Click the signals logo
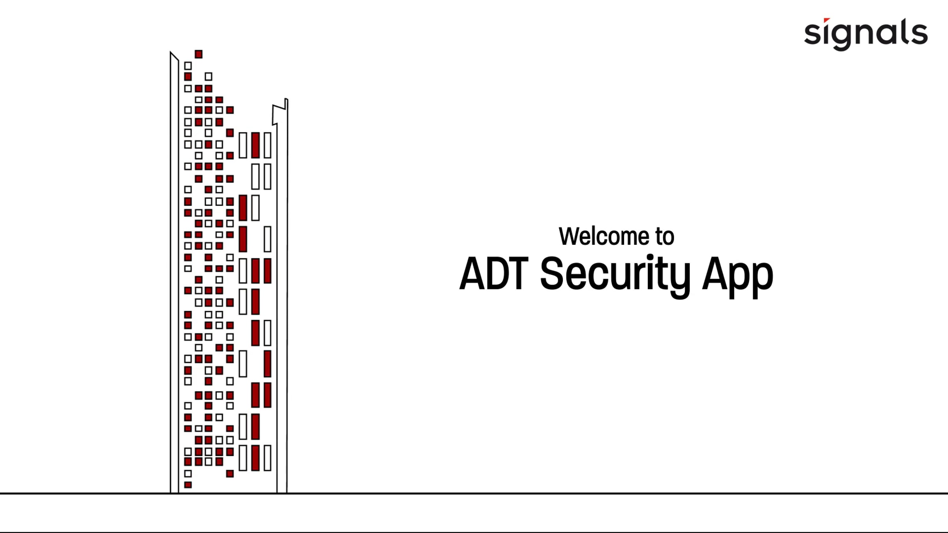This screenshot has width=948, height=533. pos(865,34)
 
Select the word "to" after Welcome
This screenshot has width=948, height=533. pos(665,236)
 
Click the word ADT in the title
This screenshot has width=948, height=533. pos(494,274)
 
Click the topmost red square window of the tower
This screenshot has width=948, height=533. pos(199,54)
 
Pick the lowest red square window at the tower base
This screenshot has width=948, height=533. pos(188,485)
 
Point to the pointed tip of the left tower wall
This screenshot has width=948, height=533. pos(171,53)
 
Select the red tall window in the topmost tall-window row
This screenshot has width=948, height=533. pos(256,145)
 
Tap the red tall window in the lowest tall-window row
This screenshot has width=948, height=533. pos(256,458)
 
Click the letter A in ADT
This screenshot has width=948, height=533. pos(474,274)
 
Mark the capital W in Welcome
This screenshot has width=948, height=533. pos(570,236)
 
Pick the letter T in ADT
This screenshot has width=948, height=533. pos(517,274)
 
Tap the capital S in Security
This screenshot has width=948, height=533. pos(552,274)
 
